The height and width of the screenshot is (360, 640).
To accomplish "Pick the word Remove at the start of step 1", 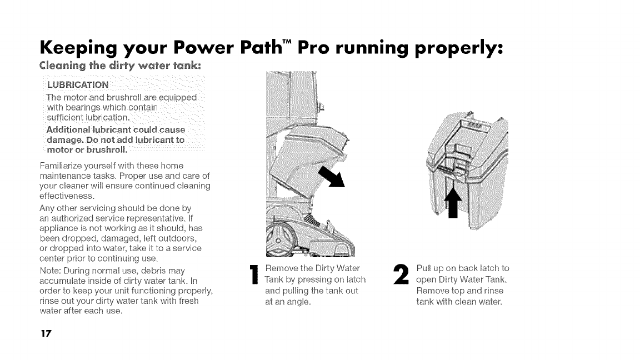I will coord(281,269).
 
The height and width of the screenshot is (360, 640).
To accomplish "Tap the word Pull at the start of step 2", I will coord(425,269).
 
